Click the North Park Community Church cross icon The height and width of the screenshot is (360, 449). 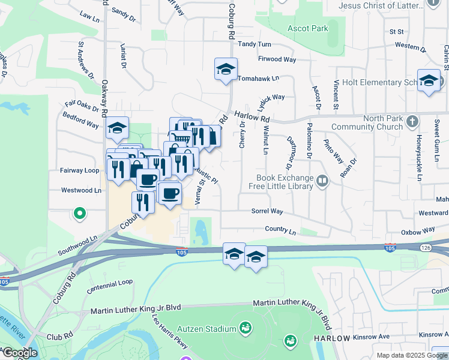click(412, 122)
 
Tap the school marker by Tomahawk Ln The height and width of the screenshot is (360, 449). click(226, 70)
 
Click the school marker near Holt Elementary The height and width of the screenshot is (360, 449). click(429, 82)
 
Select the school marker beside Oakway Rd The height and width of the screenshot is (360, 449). click(117, 128)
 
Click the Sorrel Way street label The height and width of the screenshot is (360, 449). click(267, 211)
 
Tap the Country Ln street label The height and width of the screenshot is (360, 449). click(281, 230)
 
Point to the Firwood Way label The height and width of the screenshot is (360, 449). click(277, 59)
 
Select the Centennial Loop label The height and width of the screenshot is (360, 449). click(109, 285)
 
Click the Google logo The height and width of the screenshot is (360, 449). click(20, 353)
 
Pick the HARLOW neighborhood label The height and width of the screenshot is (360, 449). click(332, 339)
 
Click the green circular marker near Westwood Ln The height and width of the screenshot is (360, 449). click(79, 213)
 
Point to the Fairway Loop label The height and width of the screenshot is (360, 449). click(79, 170)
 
